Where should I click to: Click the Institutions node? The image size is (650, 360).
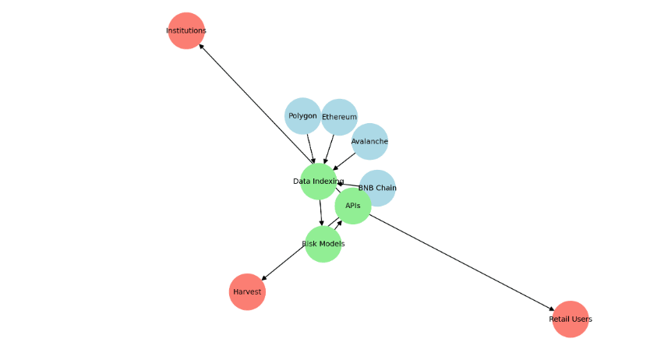[x=186, y=31]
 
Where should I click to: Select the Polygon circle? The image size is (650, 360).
[x=302, y=116]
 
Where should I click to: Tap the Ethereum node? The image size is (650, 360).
[x=340, y=117]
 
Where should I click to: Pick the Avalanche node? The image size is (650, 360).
[x=369, y=141]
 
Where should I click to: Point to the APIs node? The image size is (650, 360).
[x=353, y=206]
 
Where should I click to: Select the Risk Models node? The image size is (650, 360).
[x=323, y=244]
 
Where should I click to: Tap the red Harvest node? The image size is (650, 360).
[x=247, y=291]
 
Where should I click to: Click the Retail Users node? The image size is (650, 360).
[x=571, y=319]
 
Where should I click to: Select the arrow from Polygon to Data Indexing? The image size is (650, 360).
[x=311, y=147]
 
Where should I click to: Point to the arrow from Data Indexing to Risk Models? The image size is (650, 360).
[x=320, y=213]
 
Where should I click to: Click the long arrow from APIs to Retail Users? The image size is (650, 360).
[x=460, y=261]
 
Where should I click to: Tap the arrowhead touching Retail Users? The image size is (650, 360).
[x=551, y=309]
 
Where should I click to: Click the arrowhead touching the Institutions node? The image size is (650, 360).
[x=202, y=46]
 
